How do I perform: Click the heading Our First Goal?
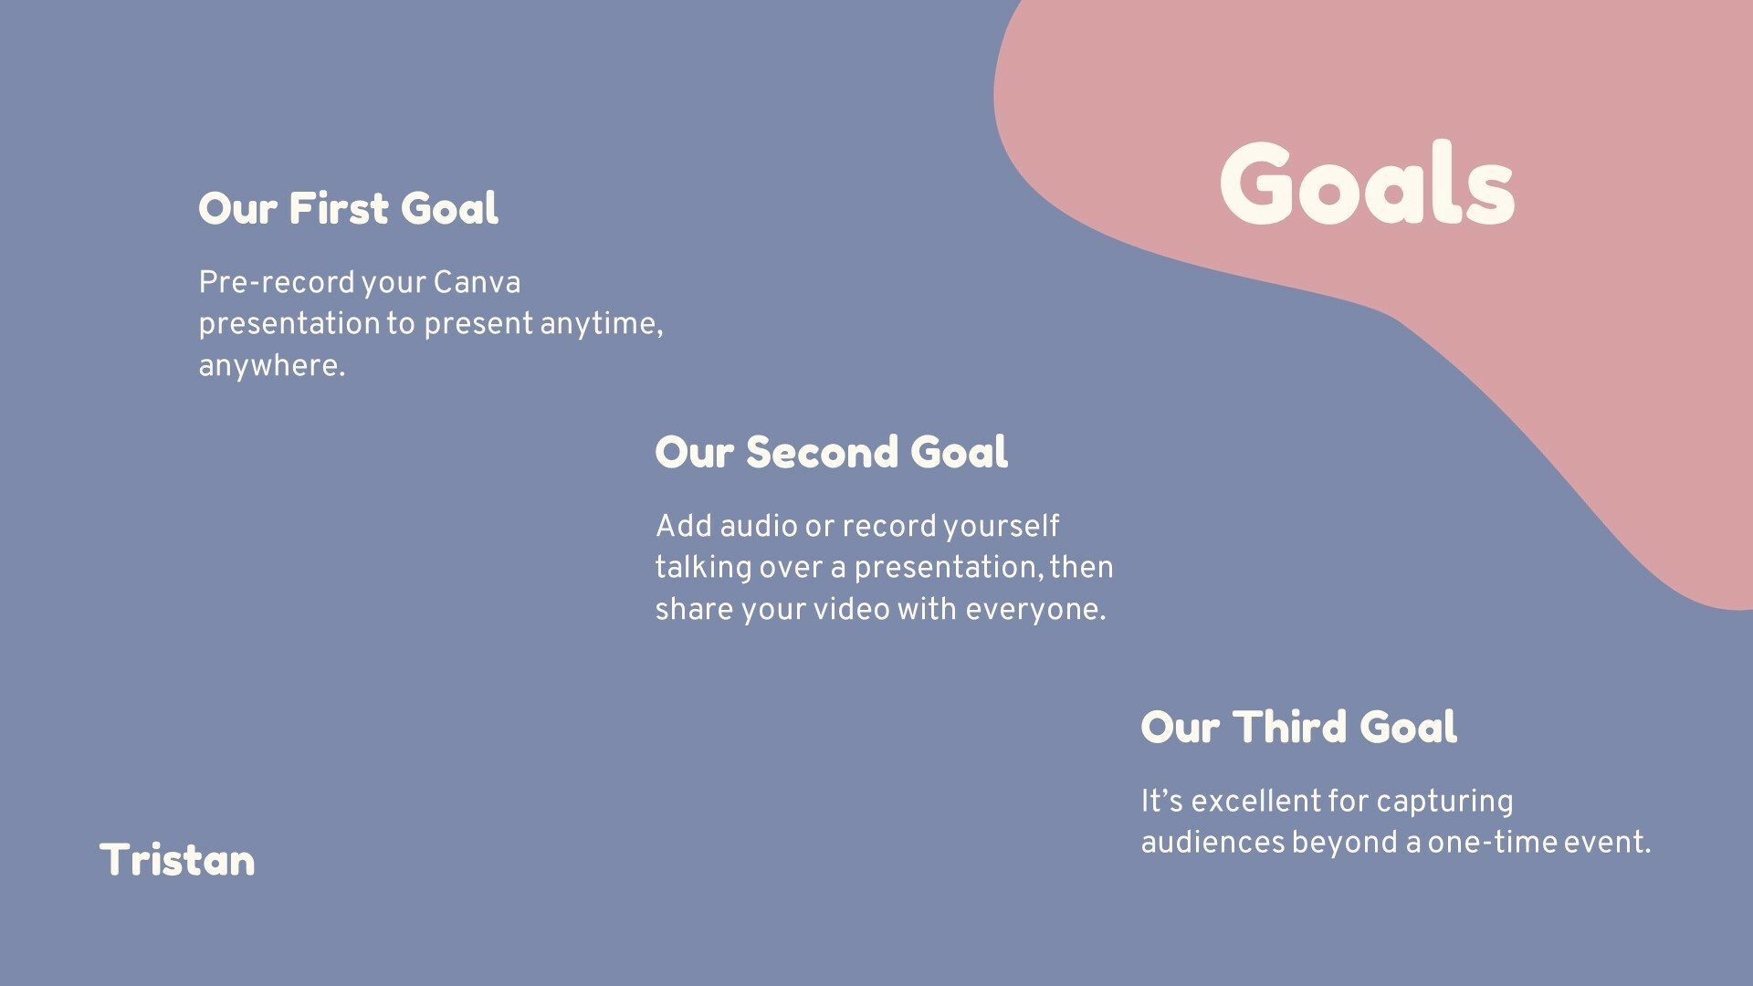348,208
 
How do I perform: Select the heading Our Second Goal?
831,452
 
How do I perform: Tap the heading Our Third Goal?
1298,727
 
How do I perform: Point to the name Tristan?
177,860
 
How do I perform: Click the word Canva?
477,282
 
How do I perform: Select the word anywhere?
271,366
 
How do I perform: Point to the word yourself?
1001,526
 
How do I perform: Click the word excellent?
1255,801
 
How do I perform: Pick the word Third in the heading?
1290,727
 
